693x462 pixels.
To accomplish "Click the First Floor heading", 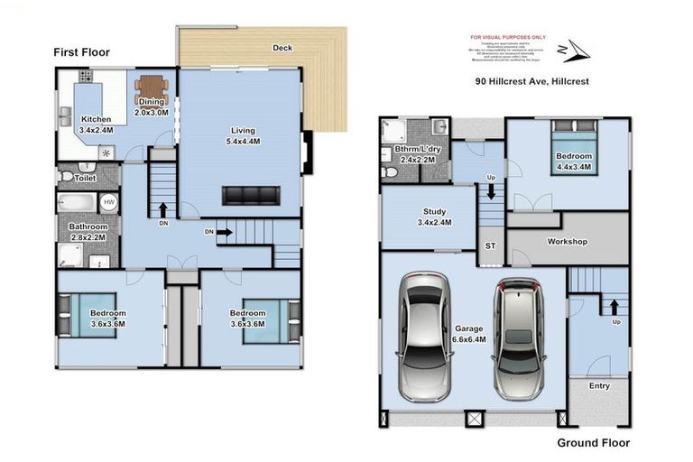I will click(x=81, y=52).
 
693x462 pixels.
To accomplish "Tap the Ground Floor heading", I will click(x=593, y=443).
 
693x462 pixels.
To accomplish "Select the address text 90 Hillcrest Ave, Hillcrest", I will click(x=532, y=80).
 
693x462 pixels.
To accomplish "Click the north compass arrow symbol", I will click(x=574, y=50).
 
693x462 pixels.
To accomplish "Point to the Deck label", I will click(x=282, y=48).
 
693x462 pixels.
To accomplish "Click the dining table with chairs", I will click(x=152, y=88).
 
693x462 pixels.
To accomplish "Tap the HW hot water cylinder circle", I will click(x=108, y=202).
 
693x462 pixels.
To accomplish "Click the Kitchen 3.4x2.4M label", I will click(x=97, y=125).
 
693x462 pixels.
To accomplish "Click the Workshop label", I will click(x=568, y=242).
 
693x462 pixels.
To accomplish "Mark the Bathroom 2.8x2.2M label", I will click(x=88, y=232).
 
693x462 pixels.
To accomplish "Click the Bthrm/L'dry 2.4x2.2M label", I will click(x=415, y=154).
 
